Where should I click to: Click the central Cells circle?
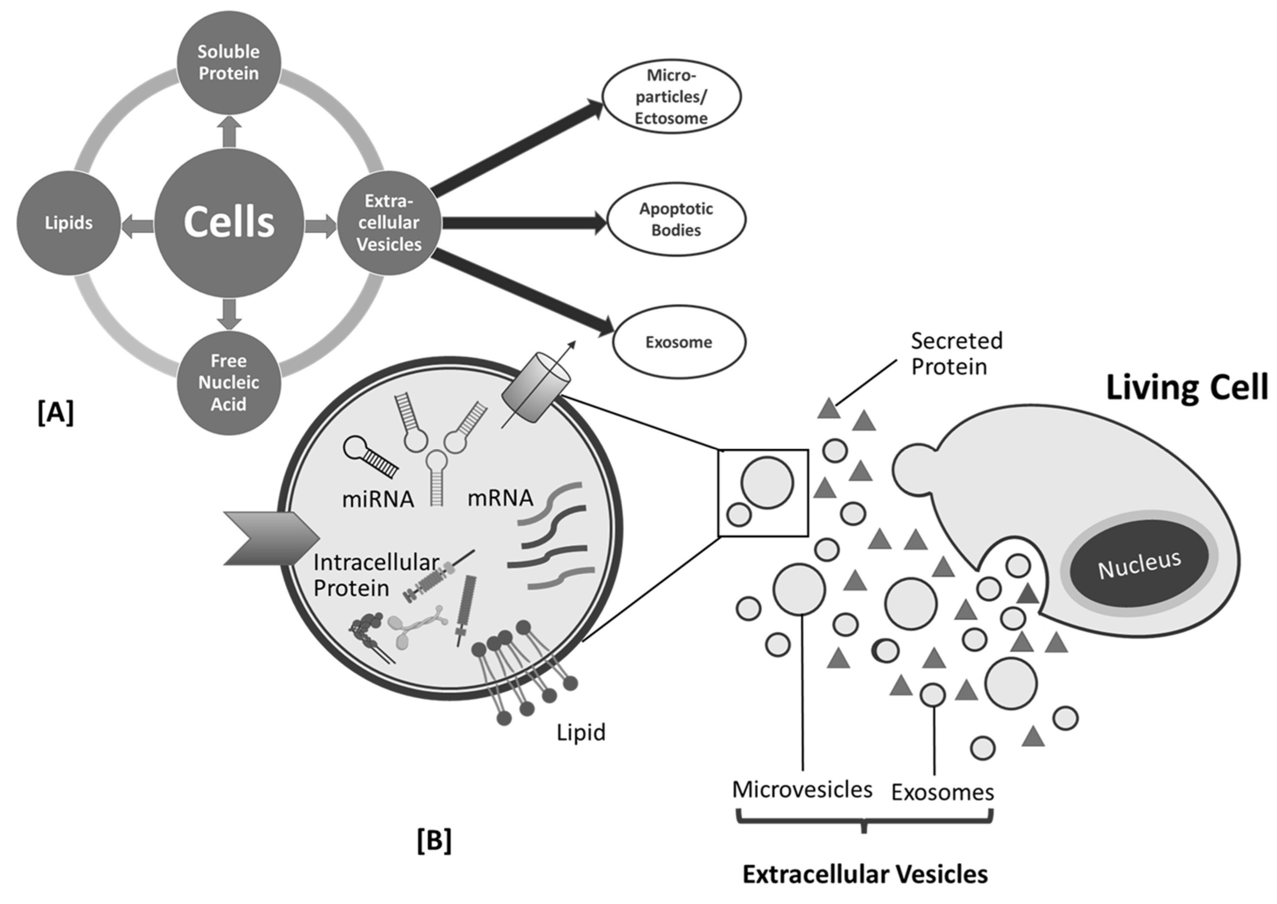pyautogui.click(x=229, y=223)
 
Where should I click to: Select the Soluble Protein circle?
pyautogui.click(x=229, y=62)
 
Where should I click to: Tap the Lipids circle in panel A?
pyautogui.click(x=69, y=223)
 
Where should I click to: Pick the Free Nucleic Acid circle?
pyautogui.click(x=229, y=383)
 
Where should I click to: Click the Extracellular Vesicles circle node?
pyautogui.click(x=389, y=223)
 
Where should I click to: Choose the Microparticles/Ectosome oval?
pyautogui.click(x=671, y=96)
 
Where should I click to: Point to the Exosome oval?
pyautogui.click(x=678, y=342)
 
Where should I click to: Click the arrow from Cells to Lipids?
pyautogui.click(x=137, y=226)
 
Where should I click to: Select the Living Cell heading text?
pyautogui.click(x=1186, y=387)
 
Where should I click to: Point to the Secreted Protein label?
pyautogui.click(x=956, y=354)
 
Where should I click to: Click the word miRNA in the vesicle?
pyautogui.click(x=378, y=499)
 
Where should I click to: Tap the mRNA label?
pyautogui.click(x=500, y=498)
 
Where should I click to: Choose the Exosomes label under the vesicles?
pyautogui.click(x=942, y=792)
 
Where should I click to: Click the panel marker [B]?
pyautogui.click(x=434, y=841)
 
